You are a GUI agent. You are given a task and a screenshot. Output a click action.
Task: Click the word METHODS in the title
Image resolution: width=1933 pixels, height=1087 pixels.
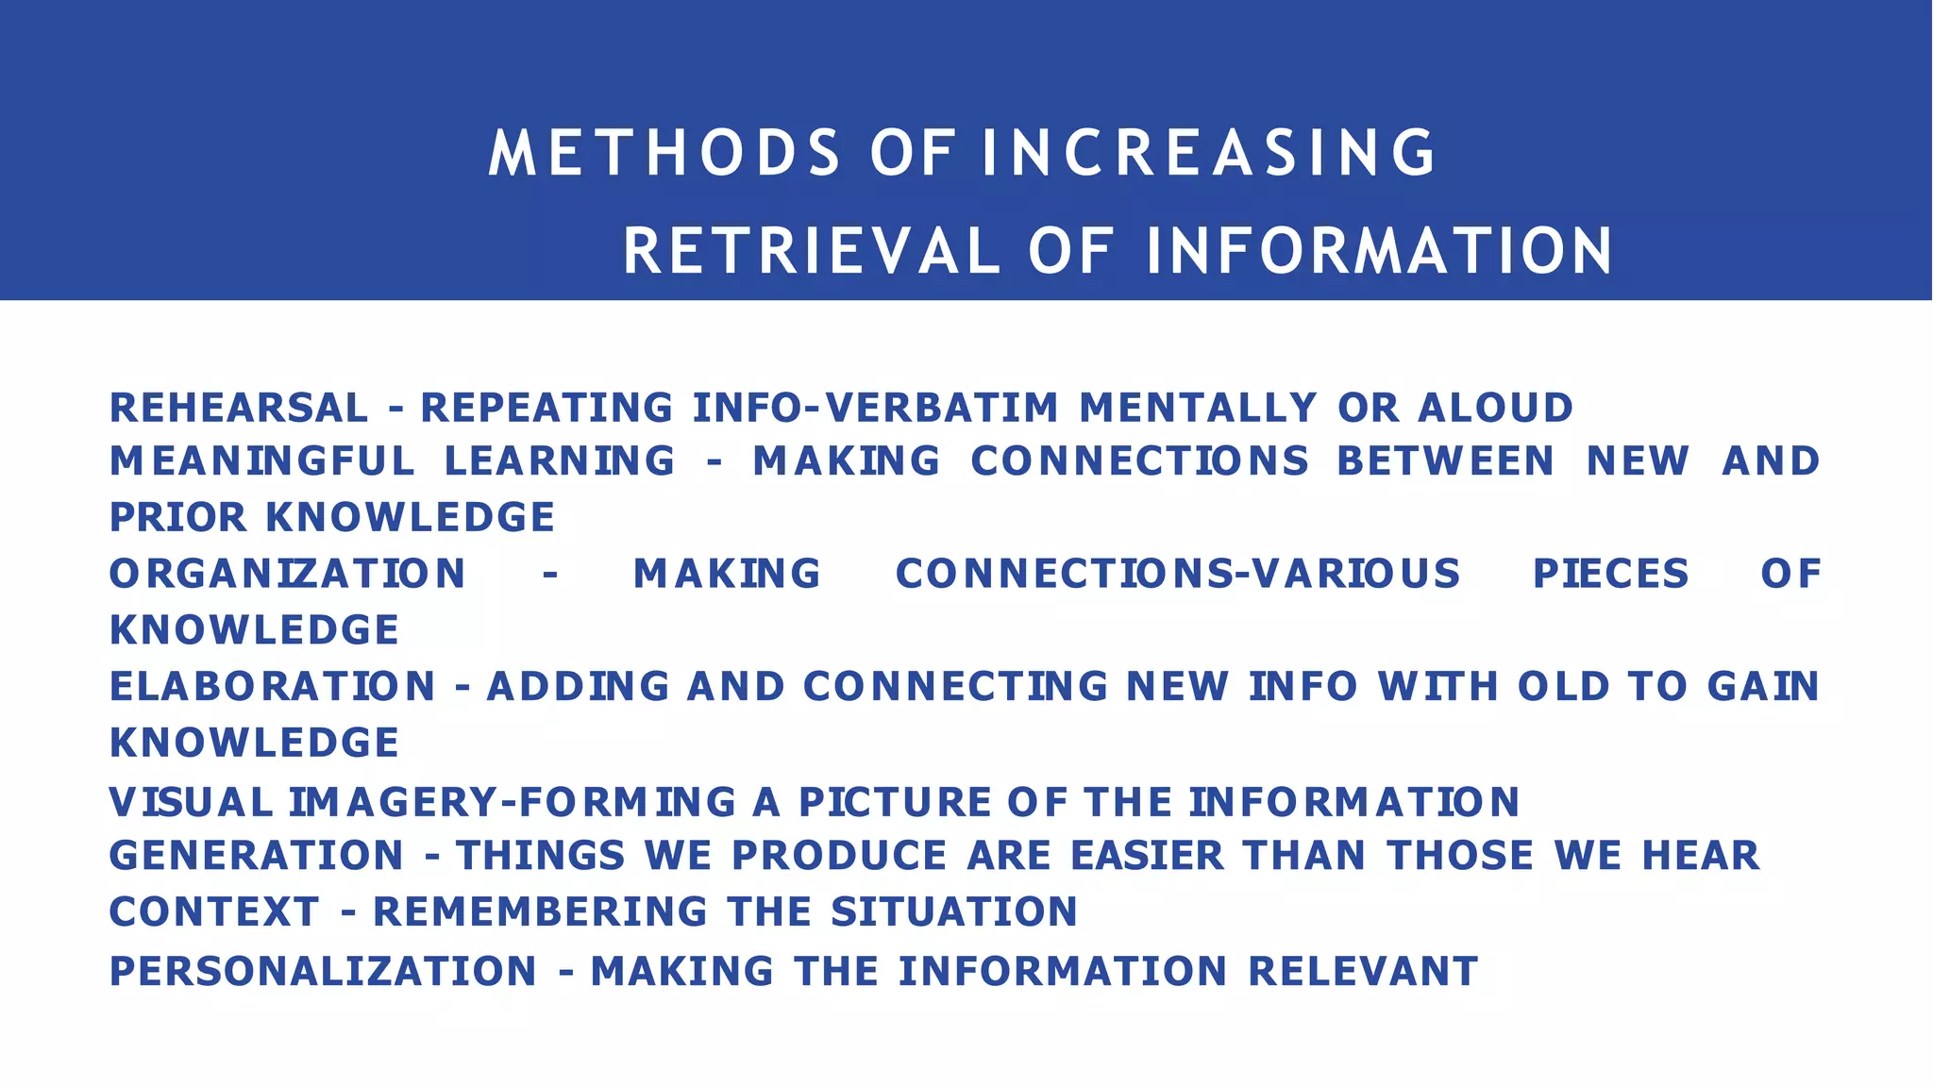coord(664,153)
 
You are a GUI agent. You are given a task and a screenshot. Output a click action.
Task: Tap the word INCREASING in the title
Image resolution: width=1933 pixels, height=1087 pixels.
coord(1209,153)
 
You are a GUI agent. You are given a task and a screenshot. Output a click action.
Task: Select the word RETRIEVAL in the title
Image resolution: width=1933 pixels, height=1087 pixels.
coord(811,252)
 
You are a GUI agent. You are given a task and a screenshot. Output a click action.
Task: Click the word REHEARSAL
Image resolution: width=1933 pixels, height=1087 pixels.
coord(239,409)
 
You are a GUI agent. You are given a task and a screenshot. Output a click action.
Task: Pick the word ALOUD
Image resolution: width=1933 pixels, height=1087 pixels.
coord(1495,409)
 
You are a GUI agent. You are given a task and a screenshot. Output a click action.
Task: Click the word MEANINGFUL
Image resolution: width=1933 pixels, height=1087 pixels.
coord(262,461)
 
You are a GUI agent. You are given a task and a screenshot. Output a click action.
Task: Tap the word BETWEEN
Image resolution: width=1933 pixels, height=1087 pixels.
coord(1445,461)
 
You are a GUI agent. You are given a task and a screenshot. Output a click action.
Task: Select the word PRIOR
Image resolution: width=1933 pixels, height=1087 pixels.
coord(178,518)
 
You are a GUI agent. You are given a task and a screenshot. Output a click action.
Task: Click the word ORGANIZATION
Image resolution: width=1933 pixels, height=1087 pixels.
coord(288,575)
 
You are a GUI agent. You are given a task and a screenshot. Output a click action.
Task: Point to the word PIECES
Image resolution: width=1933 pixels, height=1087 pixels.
coord(1610,575)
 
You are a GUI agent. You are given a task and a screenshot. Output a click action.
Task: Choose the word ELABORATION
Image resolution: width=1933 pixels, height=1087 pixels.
coord(273,687)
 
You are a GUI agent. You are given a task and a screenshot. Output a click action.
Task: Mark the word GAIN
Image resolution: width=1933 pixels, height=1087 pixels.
coord(1763,687)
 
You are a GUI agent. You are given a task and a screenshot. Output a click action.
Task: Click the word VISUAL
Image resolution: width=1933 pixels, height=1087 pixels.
coord(192,803)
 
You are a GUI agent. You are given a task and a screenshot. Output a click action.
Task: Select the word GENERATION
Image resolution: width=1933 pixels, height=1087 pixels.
coord(257,857)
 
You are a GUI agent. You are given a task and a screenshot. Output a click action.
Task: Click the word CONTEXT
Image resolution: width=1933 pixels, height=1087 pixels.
coord(214,912)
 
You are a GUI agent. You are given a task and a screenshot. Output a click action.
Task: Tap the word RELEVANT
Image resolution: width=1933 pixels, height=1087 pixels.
coord(1363,972)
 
